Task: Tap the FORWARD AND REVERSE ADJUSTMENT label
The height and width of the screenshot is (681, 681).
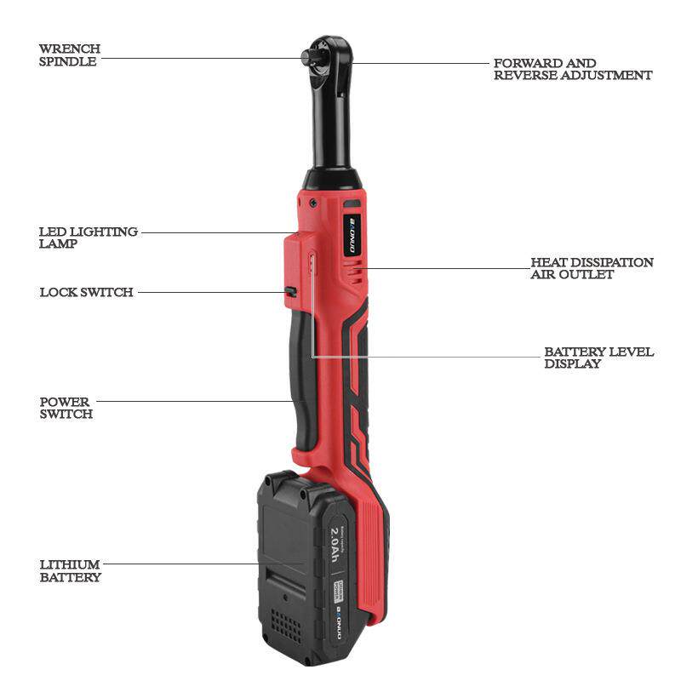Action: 573,69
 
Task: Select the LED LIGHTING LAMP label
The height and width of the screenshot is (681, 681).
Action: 88,237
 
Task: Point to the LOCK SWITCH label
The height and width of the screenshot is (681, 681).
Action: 86,292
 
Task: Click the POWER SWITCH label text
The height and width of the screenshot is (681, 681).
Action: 66,408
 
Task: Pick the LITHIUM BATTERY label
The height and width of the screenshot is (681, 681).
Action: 70,570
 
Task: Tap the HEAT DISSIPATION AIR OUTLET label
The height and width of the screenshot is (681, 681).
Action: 592,268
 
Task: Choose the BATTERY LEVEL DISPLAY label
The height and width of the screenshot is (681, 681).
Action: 598,357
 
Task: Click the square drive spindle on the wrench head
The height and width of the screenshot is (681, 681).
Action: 307,56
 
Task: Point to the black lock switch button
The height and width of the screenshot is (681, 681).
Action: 290,292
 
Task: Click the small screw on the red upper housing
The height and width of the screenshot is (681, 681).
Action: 314,203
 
